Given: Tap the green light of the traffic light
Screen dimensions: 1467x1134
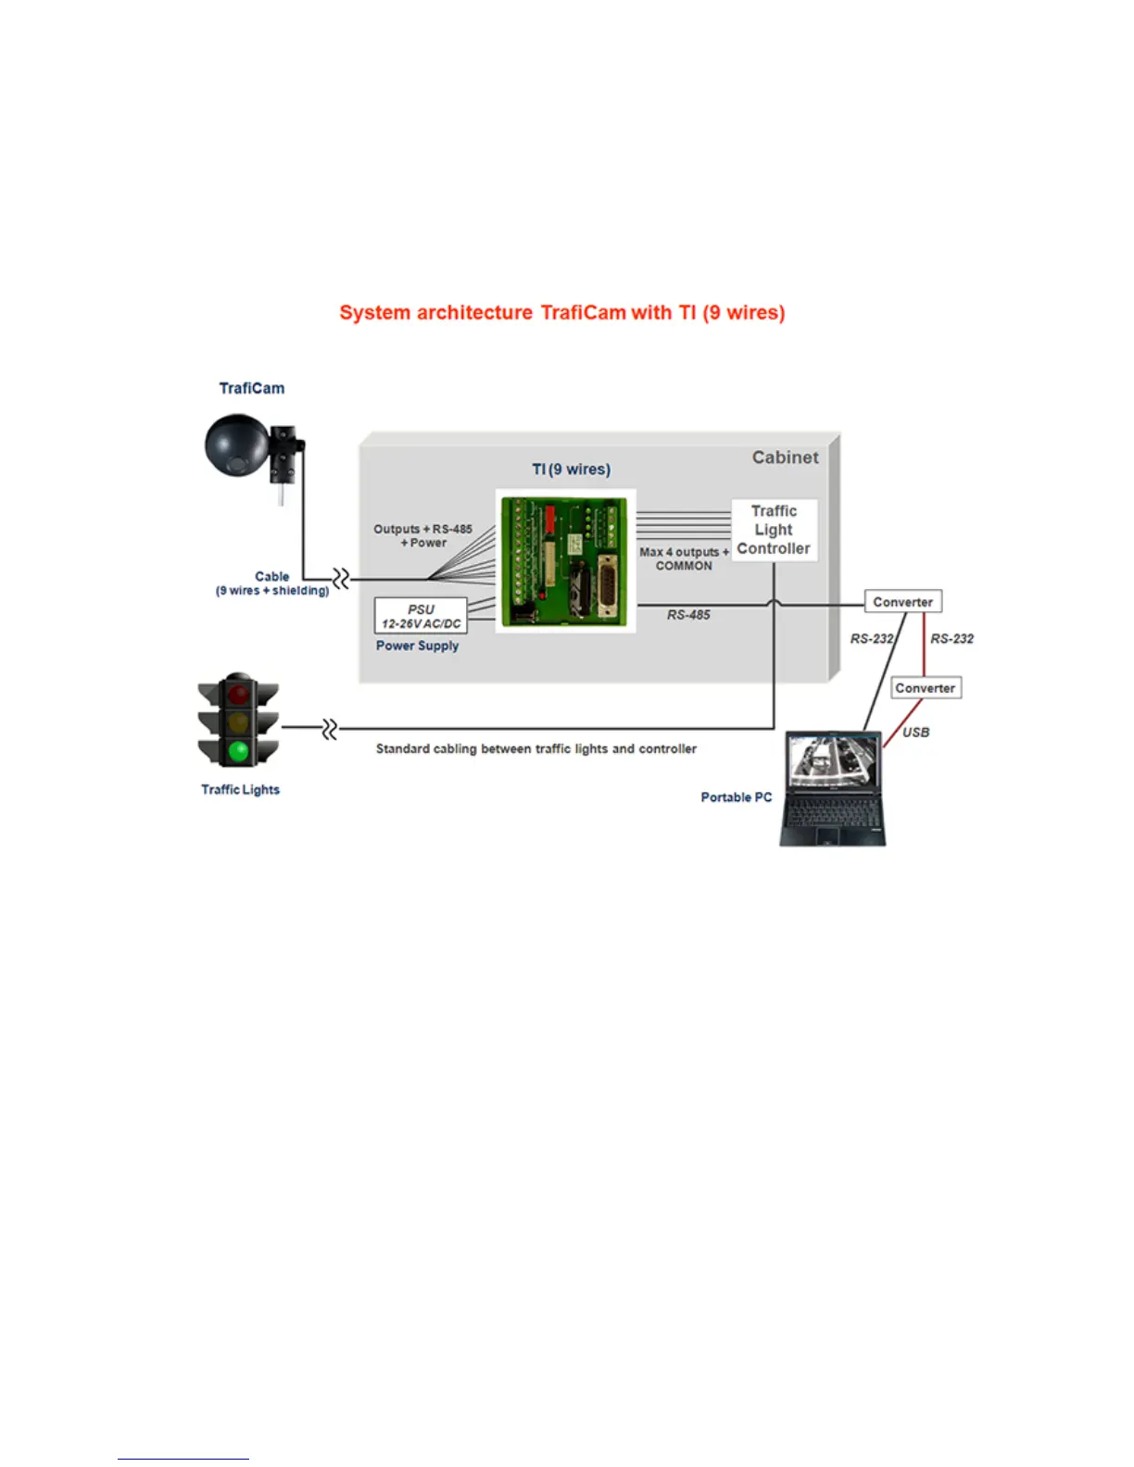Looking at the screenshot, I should click(239, 750).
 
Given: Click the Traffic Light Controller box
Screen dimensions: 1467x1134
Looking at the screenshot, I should click(774, 530).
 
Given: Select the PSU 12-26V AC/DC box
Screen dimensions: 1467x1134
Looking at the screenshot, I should click(421, 616).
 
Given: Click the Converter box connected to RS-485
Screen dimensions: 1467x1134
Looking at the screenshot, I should click(902, 602).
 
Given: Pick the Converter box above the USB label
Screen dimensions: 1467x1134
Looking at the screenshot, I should click(925, 688).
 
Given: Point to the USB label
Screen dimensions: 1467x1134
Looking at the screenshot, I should click(915, 732).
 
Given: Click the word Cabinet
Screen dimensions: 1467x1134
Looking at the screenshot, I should click(785, 458).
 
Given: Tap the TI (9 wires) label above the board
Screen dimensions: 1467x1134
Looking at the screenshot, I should click(571, 470).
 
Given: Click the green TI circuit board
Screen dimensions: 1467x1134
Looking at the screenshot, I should click(565, 560).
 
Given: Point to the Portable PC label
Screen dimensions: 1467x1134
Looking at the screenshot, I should click(736, 797).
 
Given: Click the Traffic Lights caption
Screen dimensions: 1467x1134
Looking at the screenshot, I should click(240, 790).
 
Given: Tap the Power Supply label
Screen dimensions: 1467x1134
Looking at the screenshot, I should click(417, 646).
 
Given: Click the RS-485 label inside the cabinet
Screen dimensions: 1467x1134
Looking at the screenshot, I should click(688, 615).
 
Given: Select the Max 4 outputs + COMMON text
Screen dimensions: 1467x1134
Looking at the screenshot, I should click(684, 558).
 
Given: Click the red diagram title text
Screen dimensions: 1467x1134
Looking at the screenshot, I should click(561, 313).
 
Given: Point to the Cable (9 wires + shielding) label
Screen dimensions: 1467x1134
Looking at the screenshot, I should click(272, 583).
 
